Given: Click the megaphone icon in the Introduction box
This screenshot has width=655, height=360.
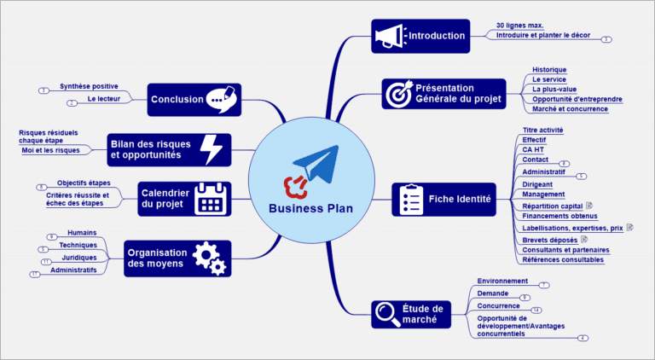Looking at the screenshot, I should [388, 35].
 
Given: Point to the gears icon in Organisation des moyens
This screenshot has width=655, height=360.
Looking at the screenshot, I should [209, 257].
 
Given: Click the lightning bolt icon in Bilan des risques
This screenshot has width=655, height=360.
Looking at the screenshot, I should [210, 149].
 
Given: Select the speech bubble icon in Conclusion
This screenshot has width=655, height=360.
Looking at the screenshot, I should [221, 99].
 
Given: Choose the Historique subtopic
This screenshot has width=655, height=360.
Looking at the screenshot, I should [549, 69].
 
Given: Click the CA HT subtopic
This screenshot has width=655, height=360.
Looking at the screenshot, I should [534, 149].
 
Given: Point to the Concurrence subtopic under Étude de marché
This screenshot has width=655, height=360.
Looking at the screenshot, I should [499, 305].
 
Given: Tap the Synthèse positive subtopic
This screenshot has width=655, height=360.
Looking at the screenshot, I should [89, 86].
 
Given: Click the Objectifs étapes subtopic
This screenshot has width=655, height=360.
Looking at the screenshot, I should [84, 183].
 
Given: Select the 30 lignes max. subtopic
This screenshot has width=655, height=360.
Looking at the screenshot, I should [519, 26].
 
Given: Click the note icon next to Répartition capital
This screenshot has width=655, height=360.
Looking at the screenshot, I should [589, 206].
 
